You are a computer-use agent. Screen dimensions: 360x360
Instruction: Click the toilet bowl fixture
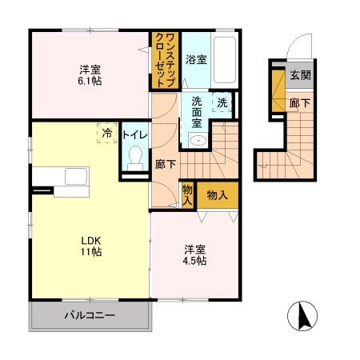135,158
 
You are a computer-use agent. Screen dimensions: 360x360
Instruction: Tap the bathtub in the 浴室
225,60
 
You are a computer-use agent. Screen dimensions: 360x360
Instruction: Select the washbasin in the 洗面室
198,140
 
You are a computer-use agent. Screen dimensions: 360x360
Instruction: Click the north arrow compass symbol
302,316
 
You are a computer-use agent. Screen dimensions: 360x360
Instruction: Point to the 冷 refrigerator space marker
107,133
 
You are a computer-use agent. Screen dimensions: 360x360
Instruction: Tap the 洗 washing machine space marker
222,102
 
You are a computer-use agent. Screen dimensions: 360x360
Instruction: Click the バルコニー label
90,315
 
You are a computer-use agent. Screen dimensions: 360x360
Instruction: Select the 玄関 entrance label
300,75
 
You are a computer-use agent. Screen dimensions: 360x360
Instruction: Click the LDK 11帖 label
91,246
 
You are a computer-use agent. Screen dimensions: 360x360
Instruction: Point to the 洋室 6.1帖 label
90,75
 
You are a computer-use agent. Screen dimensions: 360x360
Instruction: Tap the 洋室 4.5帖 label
194,255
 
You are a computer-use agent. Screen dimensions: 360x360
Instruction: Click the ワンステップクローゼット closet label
166,60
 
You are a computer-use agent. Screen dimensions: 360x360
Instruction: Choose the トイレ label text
135,135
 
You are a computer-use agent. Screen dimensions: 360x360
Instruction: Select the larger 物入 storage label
218,195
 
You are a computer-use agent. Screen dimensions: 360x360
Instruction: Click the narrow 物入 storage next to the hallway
187,195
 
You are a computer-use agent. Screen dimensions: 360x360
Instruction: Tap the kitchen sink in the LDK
76,176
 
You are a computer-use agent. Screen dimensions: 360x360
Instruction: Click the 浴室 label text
196,59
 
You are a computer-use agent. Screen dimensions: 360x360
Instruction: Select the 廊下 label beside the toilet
166,164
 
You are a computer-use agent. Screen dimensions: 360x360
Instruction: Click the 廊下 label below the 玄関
300,103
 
